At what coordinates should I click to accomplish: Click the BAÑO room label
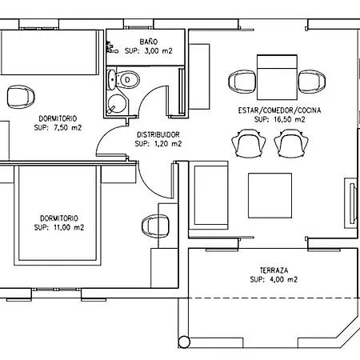pyautogui.click(x=149, y=42)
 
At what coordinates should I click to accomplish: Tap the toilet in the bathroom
pyautogui.click(x=128, y=79)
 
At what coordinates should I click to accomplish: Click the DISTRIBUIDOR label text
pyautogui.click(x=158, y=134)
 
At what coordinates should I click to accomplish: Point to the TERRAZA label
pyautogui.click(x=274, y=270)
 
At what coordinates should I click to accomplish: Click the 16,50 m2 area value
pyautogui.click(x=290, y=119)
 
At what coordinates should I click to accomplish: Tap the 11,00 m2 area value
pyautogui.click(x=69, y=227)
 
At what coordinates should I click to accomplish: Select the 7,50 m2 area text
pyautogui.click(x=68, y=128)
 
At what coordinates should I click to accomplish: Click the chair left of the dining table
pyautogui.click(x=242, y=82)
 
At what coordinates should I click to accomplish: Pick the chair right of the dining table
pyautogui.click(x=312, y=82)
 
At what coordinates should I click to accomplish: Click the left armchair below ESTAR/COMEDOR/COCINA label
pyautogui.click(x=249, y=144)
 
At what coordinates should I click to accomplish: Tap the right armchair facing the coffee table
pyautogui.click(x=291, y=144)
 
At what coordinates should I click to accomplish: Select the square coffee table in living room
pyautogui.click(x=270, y=195)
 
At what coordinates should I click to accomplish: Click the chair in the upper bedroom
pyautogui.click(x=21, y=97)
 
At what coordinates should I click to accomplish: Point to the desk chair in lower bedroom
pyautogui.click(x=155, y=226)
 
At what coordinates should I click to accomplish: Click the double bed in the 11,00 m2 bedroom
pyautogui.click(x=58, y=215)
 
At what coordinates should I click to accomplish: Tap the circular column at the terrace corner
pyautogui.click(x=184, y=342)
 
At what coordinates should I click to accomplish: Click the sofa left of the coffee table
pyautogui.click(x=209, y=195)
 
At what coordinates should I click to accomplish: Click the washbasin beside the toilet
pyautogui.click(x=111, y=79)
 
